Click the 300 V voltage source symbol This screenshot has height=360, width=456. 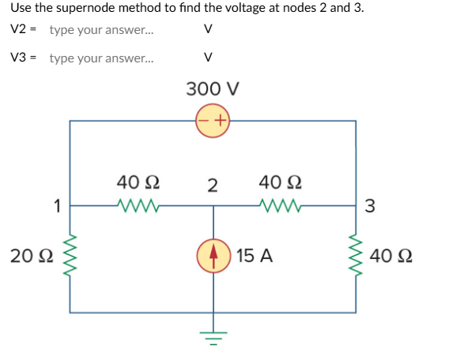point(213,121)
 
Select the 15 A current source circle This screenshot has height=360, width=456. point(213,256)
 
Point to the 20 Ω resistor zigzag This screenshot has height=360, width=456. point(70,256)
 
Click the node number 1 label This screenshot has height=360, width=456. point(57,207)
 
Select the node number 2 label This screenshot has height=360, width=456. point(212,186)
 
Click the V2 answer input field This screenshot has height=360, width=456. point(101,30)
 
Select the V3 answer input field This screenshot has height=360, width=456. point(101,58)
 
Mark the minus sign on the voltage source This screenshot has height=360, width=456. point(205,121)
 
